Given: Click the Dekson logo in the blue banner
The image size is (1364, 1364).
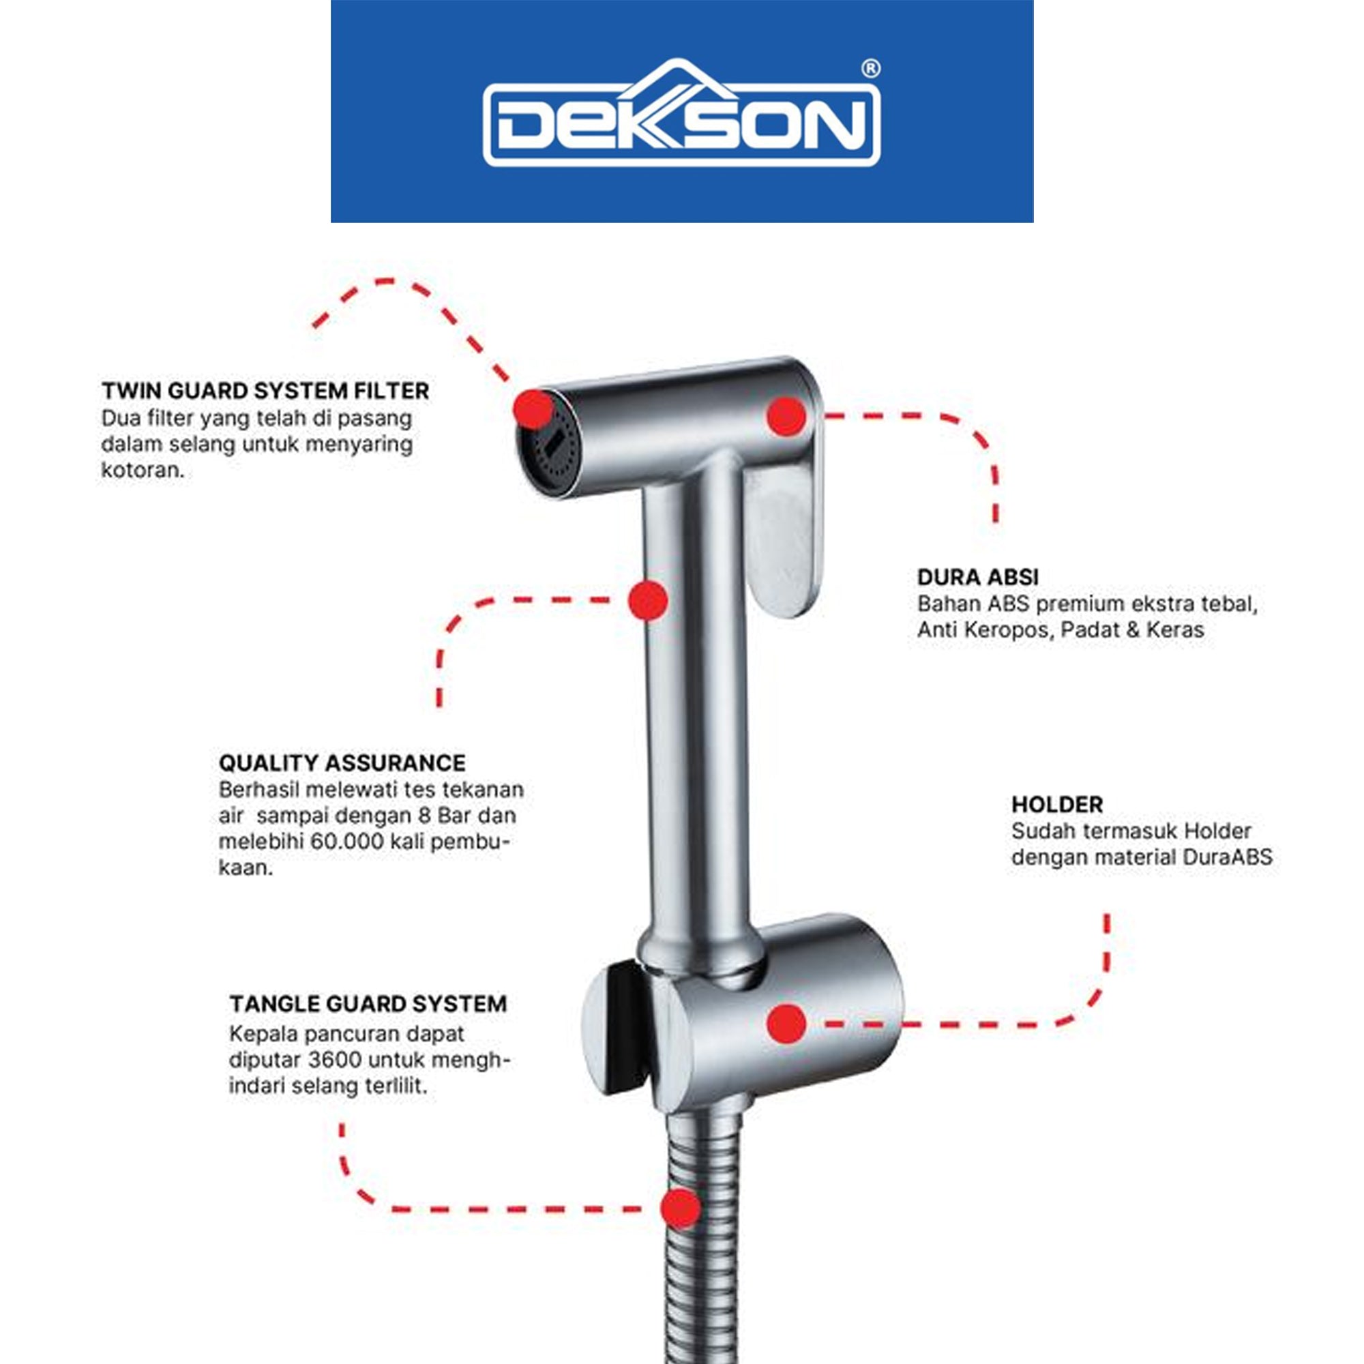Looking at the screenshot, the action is pos(681,113).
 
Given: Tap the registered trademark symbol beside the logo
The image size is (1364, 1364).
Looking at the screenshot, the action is pos(871,68).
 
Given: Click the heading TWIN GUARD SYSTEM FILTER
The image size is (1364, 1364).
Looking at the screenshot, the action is pos(265,390).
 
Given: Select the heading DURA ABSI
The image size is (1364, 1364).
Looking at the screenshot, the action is pos(978,577).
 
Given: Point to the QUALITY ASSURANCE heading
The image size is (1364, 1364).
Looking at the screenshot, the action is pos(342,762).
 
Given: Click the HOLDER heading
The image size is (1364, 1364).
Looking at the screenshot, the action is pos(1057,804).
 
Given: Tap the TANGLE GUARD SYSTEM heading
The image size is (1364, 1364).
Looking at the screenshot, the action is pos(368,1003).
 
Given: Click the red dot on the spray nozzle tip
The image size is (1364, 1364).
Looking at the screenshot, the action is pos(533,409).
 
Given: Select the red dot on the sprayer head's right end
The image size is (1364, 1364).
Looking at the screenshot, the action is pos(786,416).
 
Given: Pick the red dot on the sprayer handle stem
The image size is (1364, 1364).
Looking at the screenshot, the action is pos(648,601).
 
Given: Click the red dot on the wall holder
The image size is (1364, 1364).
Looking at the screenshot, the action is pos(786,1024).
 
